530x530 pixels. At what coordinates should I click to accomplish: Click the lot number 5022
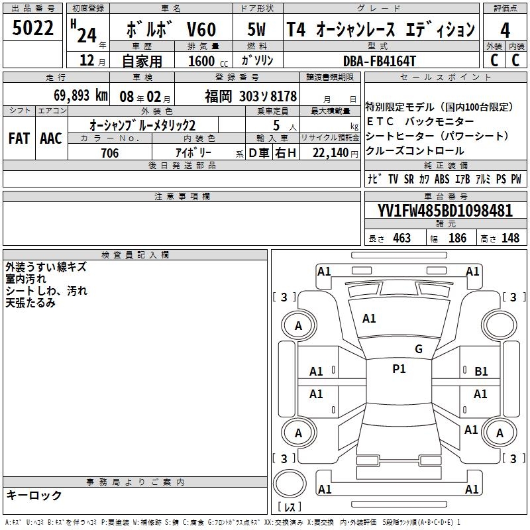tap(32, 28)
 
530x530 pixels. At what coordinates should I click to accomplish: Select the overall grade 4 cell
tap(505, 30)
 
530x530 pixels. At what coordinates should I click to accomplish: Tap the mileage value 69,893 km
tap(81, 95)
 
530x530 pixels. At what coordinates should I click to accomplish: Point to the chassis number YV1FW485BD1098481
tap(445, 211)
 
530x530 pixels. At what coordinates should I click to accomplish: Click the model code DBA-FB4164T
tap(379, 61)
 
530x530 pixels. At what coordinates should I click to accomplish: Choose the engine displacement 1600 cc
tap(208, 62)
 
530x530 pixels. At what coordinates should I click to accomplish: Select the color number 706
tap(110, 153)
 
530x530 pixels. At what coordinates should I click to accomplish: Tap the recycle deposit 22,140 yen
tap(335, 153)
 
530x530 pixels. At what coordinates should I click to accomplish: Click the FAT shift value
tap(19, 138)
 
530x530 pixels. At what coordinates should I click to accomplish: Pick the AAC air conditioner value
tap(51, 138)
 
